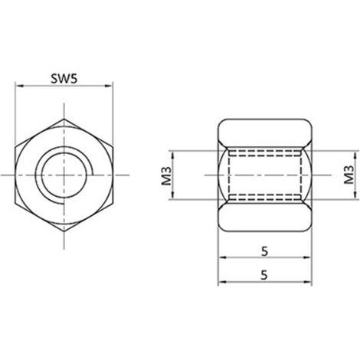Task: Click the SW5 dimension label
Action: tap(64, 79)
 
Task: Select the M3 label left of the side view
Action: tap(167, 175)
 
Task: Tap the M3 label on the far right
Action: tap(349, 175)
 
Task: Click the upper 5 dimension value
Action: tap(265, 251)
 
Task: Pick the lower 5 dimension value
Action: tap(264, 275)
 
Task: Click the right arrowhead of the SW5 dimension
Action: tap(109, 86)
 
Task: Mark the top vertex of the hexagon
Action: tap(64, 119)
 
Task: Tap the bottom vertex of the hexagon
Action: tap(64, 231)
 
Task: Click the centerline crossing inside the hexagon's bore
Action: tap(64, 175)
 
